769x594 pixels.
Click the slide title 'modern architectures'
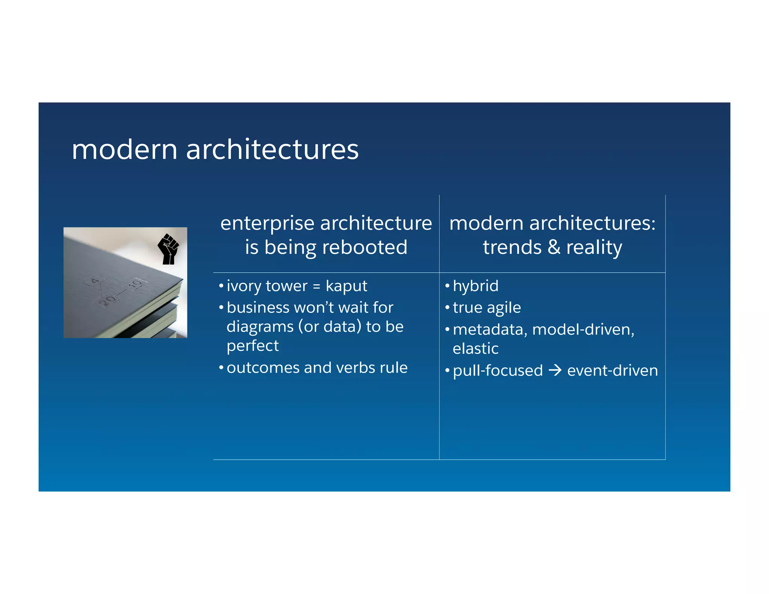click(x=215, y=149)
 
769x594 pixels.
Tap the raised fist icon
click(x=168, y=249)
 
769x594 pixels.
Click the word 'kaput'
click(x=346, y=286)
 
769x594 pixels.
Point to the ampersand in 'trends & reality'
click(x=554, y=247)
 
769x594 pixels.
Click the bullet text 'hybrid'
click(x=475, y=286)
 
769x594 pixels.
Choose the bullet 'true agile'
click(x=487, y=308)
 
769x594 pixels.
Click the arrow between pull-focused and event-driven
click(x=555, y=371)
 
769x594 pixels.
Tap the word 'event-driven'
click(x=612, y=371)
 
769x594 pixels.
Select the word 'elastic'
click(x=475, y=349)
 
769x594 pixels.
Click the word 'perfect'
click(x=253, y=346)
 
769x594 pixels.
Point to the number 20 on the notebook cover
click(x=108, y=300)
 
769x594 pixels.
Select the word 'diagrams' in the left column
click(x=260, y=327)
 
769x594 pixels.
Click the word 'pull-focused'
click(x=498, y=371)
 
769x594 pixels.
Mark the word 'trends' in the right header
click(x=512, y=247)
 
